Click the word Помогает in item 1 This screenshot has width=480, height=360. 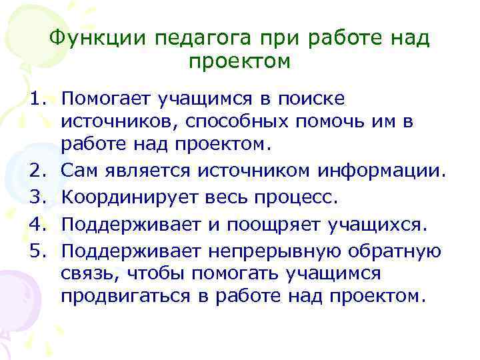[x=106, y=100]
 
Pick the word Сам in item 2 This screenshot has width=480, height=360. [x=78, y=172]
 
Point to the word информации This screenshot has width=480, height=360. [x=379, y=172]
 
